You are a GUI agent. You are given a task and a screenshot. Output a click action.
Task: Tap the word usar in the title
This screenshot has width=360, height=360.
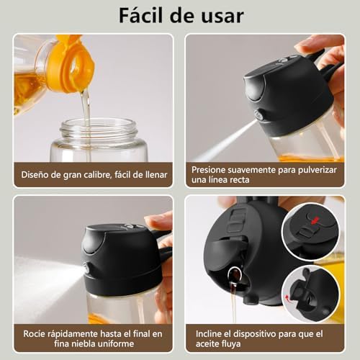[219, 15]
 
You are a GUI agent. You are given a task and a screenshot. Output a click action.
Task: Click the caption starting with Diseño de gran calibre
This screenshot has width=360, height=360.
[94, 174]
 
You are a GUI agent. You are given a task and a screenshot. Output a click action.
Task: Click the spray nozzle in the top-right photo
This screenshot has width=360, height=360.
[258, 115]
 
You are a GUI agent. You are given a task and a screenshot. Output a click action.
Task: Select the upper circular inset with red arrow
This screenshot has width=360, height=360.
[310, 232]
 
